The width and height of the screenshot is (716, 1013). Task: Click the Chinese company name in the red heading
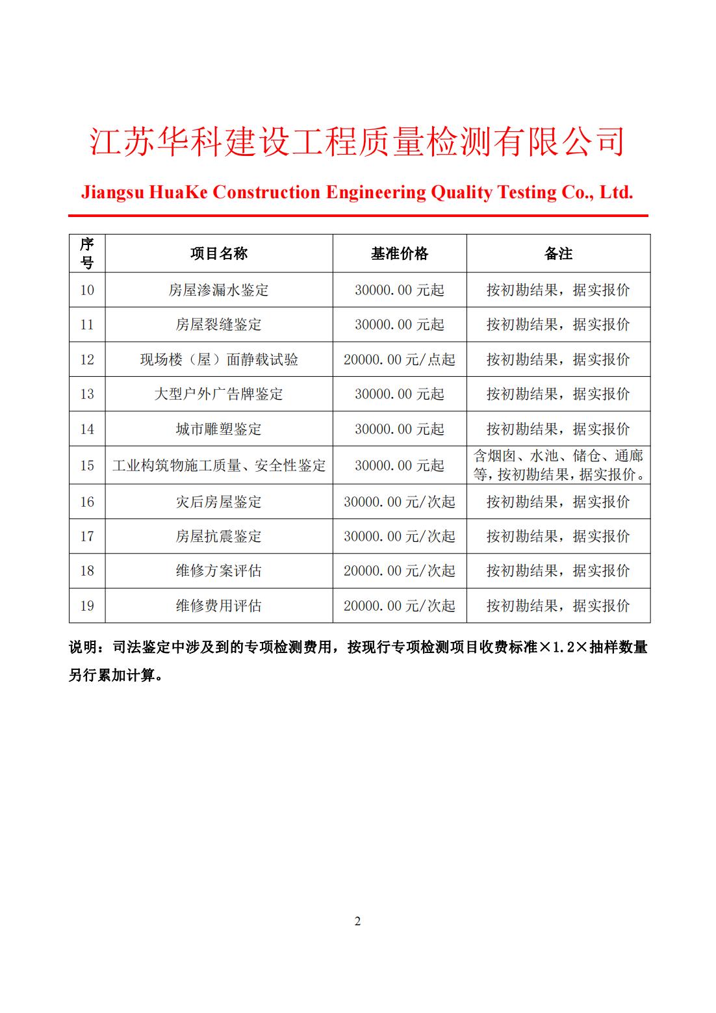(357, 142)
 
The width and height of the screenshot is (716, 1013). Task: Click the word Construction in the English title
(266, 192)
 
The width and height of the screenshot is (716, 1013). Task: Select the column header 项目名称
(219, 254)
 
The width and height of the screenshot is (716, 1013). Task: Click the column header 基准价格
(399, 254)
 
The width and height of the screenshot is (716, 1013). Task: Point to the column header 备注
(557, 254)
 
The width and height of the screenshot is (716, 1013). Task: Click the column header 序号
(87, 253)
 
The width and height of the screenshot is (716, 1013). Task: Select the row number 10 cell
(87, 290)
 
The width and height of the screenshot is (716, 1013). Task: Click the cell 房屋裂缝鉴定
(219, 325)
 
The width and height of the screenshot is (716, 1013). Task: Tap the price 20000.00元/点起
(399, 360)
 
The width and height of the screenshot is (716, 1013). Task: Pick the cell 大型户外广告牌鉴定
(219, 394)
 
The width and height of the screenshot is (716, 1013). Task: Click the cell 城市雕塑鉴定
(219, 430)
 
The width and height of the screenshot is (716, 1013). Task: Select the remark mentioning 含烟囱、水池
(558, 465)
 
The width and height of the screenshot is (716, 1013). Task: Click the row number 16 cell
(87, 502)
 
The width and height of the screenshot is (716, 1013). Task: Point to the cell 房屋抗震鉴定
(219, 537)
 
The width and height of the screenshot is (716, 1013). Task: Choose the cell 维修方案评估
(219, 571)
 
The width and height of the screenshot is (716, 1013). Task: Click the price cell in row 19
(399, 606)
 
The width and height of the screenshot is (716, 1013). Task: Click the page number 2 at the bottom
(357, 921)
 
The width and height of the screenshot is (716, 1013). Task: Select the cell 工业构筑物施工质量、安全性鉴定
(219, 466)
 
